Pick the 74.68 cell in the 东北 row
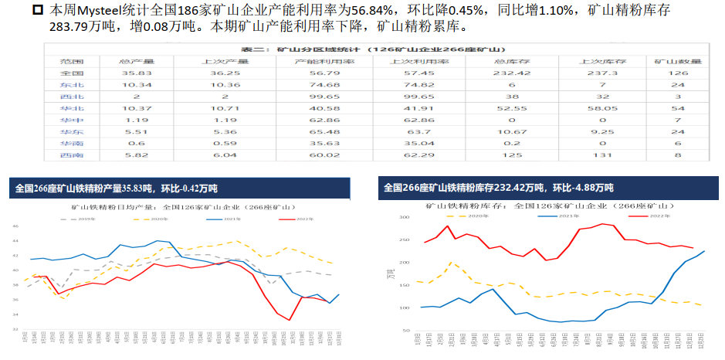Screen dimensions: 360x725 pyautogui.click(x=317, y=85)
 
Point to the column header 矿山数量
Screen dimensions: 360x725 pyautogui.click(x=679, y=61)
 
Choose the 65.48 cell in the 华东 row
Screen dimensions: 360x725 pyautogui.click(x=317, y=132)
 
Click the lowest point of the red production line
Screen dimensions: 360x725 pyautogui.click(x=289, y=320)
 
